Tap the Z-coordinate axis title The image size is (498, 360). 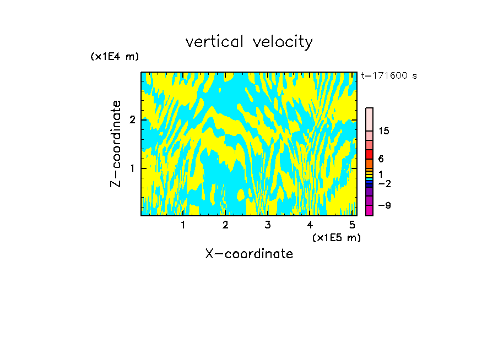(116, 144)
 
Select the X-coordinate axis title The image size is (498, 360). (249, 254)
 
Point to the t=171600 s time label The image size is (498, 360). (389, 75)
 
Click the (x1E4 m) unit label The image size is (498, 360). (115, 57)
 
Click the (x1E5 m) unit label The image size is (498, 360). (336, 237)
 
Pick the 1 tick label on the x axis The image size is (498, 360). (183, 225)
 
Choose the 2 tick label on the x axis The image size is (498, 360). (225, 225)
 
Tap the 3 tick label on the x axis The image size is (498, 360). (268, 225)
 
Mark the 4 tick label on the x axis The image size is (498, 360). (310, 225)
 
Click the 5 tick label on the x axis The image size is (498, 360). (351, 225)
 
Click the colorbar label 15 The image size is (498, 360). (384, 131)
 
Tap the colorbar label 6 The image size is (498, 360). (381, 159)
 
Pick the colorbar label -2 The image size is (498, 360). (384, 183)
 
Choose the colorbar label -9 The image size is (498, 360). (384, 205)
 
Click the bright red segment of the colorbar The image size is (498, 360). (369, 155)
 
